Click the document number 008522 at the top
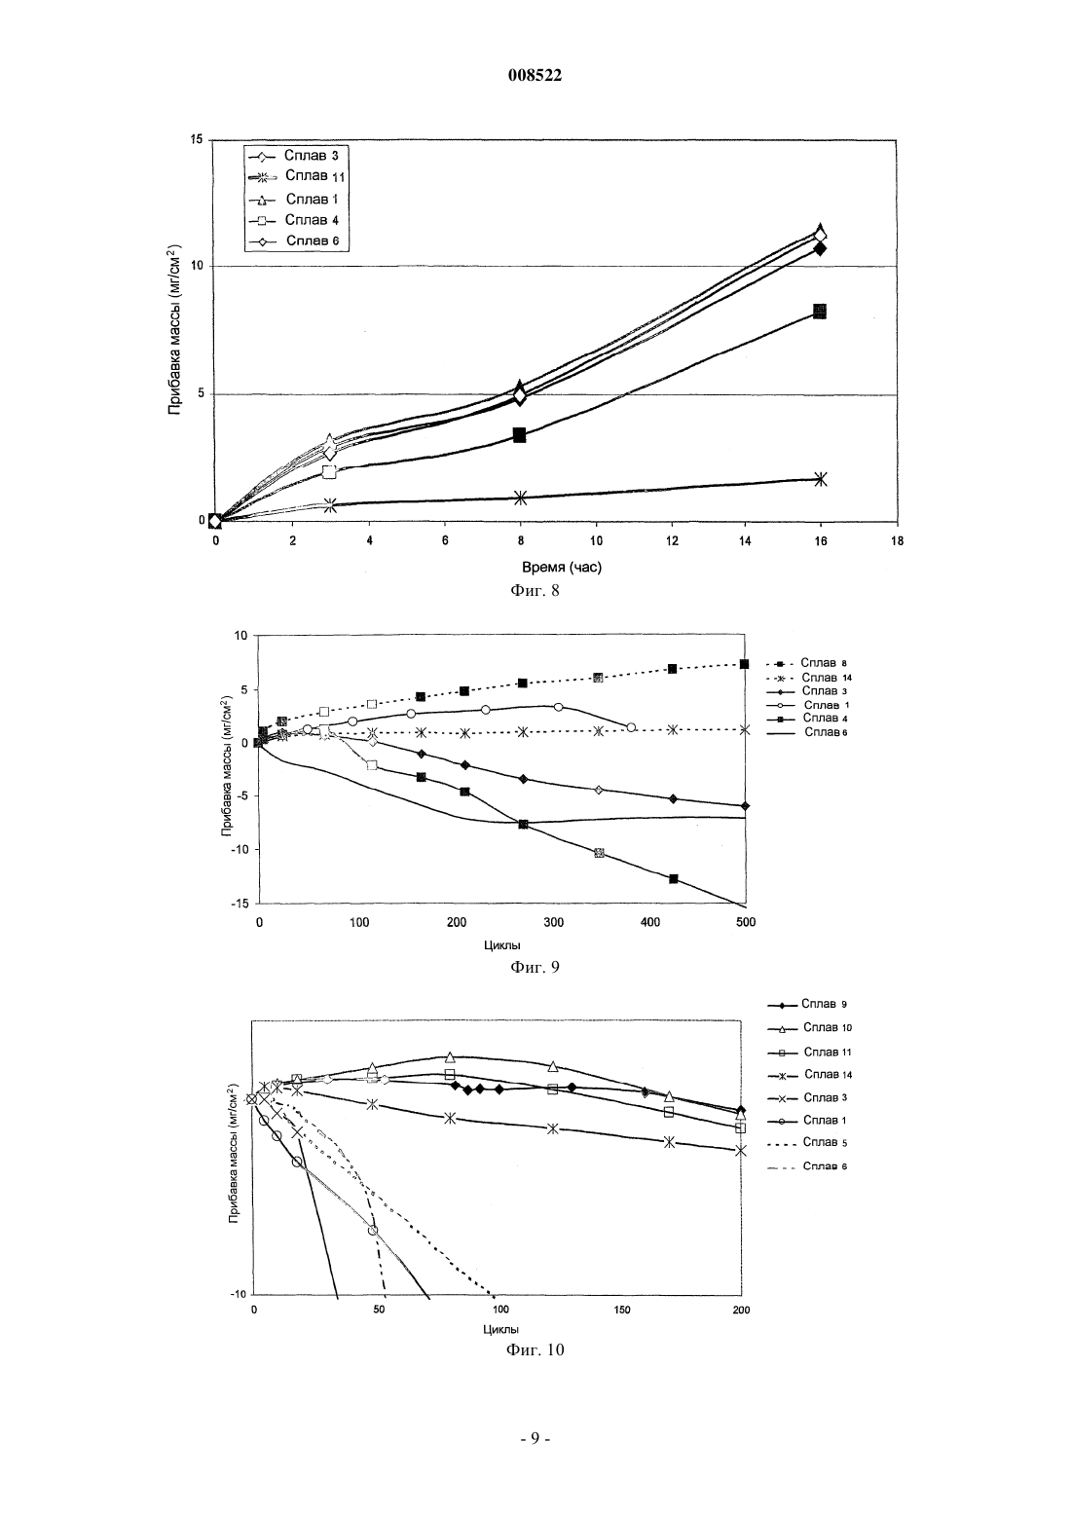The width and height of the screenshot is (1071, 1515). pyautogui.click(x=535, y=75)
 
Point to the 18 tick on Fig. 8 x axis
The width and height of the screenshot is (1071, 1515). pyautogui.click(x=898, y=541)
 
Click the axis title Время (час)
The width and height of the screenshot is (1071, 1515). pyautogui.click(x=561, y=567)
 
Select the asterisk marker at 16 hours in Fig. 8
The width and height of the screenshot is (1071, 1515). pyautogui.click(x=820, y=479)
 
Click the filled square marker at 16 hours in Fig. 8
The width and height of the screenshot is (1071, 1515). pyautogui.click(x=820, y=312)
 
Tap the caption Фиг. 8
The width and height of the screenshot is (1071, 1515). pyautogui.click(x=535, y=590)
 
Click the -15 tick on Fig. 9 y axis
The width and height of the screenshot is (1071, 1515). pyautogui.click(x=240, y=904)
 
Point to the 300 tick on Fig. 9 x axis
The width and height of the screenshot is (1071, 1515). pyautogui.click(x=553, y=922)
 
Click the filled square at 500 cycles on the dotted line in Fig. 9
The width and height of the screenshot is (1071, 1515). pyautogui.click(x=744, y=664)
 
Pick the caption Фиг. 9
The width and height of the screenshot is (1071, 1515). pyautogui.click(x=535, y=967)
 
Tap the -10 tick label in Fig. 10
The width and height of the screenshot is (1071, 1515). pyautogui.click(x=239, y=1295)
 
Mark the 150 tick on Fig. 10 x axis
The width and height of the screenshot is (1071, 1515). pyautogui.click(x=621, y=1310)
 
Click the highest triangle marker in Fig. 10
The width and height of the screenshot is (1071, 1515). pyautogui.click(x=450, y=1057)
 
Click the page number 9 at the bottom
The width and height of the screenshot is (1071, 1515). pyautogui.click(x=535, y=1438)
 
